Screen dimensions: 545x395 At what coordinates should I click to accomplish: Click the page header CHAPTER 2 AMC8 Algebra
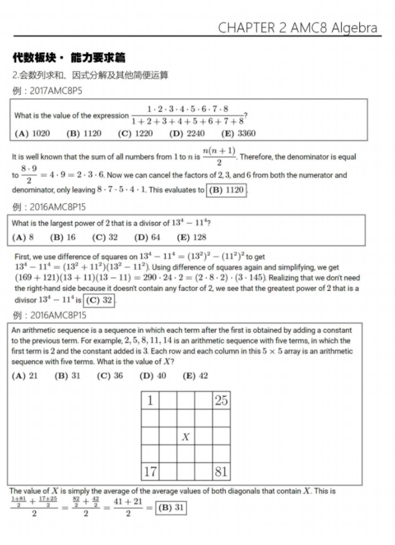297,27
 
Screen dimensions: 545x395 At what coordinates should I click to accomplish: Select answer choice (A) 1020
32,133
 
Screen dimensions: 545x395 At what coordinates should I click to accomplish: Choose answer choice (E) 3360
238,133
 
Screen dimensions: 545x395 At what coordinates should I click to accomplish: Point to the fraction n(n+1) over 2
219,156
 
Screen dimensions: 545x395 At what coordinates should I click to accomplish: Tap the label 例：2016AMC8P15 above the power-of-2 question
49,207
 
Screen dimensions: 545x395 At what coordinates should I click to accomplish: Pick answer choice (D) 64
147,237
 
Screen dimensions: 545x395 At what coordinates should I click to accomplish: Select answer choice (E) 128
191,237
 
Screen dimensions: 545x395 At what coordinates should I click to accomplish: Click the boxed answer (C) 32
100,300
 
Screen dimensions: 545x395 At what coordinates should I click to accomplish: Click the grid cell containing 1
150,400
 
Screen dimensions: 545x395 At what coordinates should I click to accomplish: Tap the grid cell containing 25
221,400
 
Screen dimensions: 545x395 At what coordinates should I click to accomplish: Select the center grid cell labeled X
185,436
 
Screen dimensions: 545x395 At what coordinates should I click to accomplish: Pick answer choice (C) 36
109,376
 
